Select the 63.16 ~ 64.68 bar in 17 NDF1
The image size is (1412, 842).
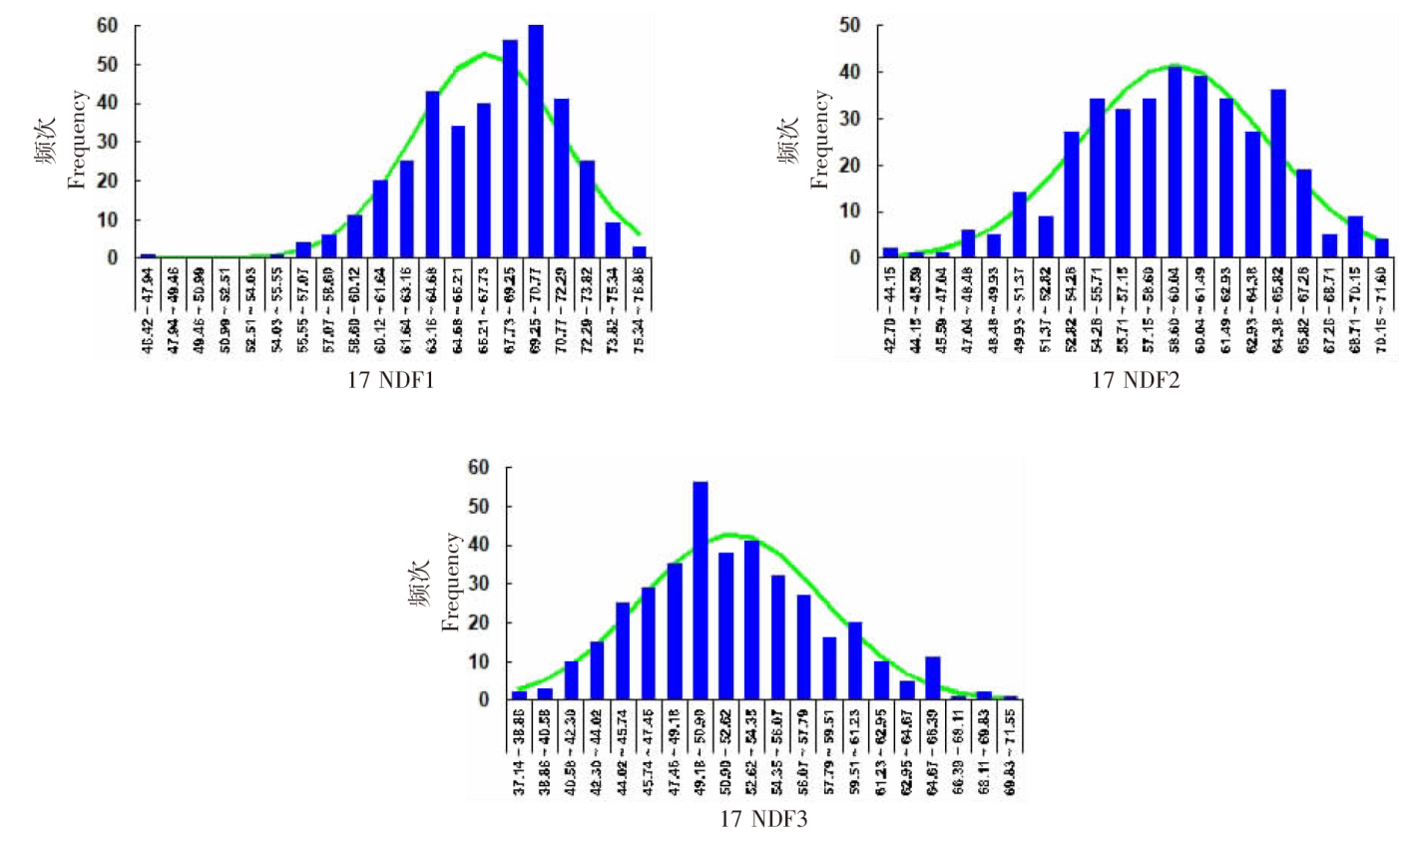(x=433, y=175)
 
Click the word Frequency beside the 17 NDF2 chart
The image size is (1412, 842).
(x=820, y=140)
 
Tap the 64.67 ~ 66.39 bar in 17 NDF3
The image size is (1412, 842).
(x=934, y=678)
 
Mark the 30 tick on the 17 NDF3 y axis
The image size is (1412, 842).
(x=480, y=584)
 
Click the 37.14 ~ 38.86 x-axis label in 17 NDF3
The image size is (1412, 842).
(x=519, y=751)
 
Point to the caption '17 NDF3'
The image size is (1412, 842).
(x=763, y=821)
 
